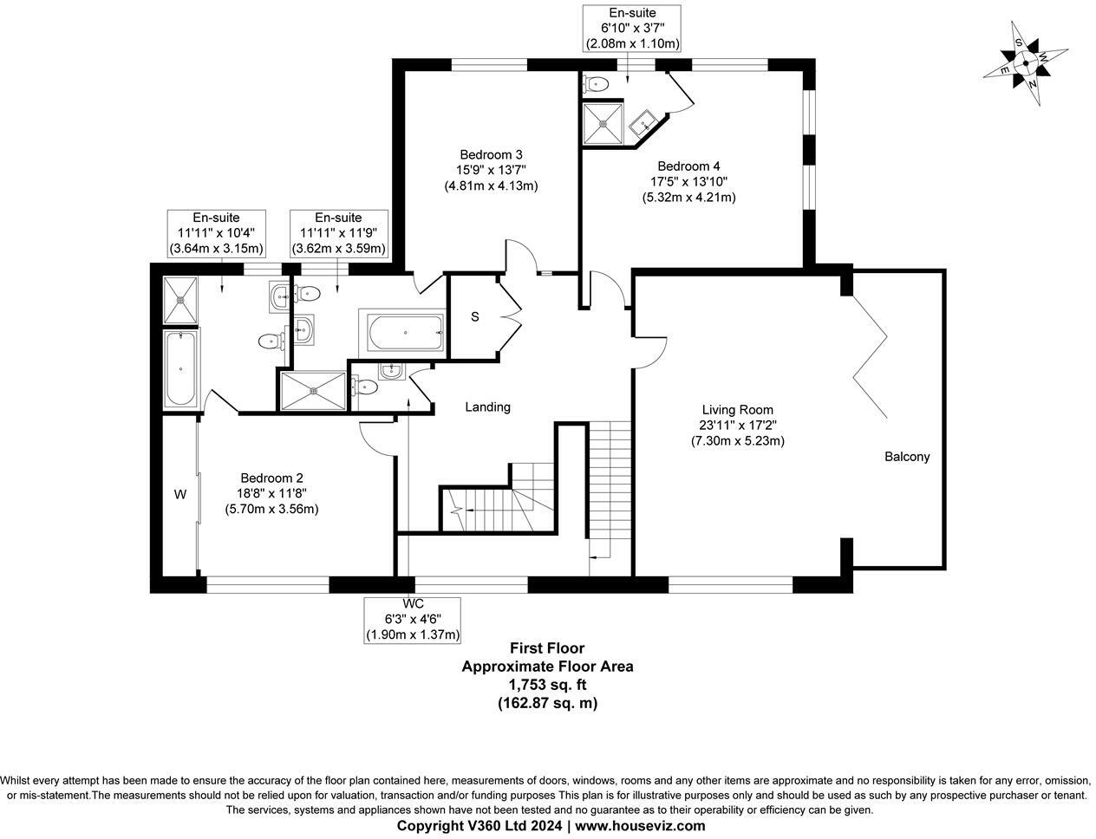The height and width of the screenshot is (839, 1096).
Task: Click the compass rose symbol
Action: pos(1025,62)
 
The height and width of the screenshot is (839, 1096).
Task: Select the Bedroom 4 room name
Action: pos(688,166)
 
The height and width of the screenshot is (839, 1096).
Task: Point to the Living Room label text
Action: pos(737,410)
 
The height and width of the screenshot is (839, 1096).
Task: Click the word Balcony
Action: pos(907,457)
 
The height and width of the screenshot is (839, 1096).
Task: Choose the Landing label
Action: pos(487,406)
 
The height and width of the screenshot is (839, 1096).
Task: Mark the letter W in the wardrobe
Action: pos(180,495)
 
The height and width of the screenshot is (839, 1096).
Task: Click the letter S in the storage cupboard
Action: pos(474,316)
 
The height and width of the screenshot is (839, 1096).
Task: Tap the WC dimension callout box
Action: pos(413,619)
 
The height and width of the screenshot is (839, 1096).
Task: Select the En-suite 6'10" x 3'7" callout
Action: pos(631,28)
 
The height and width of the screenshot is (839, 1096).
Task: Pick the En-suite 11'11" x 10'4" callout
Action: pos(216,233)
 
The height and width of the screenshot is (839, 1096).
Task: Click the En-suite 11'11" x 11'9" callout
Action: pos(338,233)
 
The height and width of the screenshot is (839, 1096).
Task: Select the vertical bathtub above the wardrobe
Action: pos(180,368)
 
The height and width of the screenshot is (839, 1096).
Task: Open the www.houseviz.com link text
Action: pos(640,825)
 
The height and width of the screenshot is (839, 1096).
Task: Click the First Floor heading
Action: pos(546,647)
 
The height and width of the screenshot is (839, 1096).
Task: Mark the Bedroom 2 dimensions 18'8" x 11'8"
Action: pos(271,493)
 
